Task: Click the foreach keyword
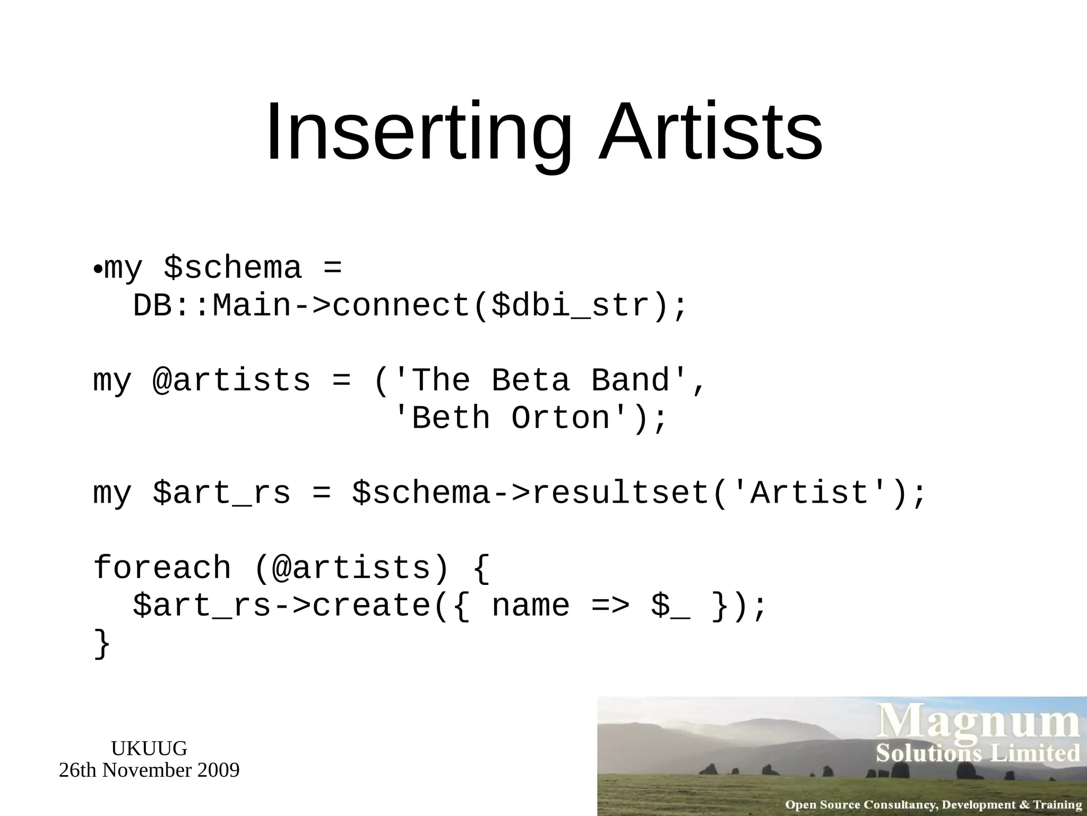(x=162, y=567)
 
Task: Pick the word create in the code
(x=372, y=606)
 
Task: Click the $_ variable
(x=671, y=606)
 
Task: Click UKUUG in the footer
(x=149, y=749)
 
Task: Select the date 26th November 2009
(x=149, y=770)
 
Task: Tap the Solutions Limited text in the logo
(x=978, y=753)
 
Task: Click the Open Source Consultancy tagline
(x=933, y=805)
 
